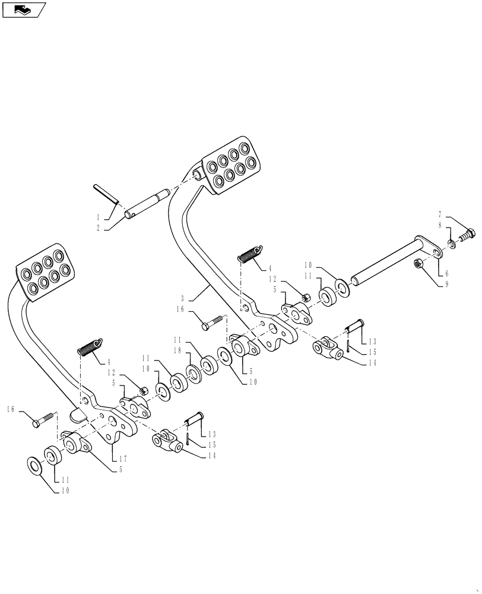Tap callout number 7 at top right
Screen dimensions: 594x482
pos(440,214)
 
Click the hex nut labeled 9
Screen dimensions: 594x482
pos(417,262)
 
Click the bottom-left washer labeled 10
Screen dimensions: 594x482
pos(34,465)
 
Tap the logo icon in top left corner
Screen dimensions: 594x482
pos(24,10)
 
